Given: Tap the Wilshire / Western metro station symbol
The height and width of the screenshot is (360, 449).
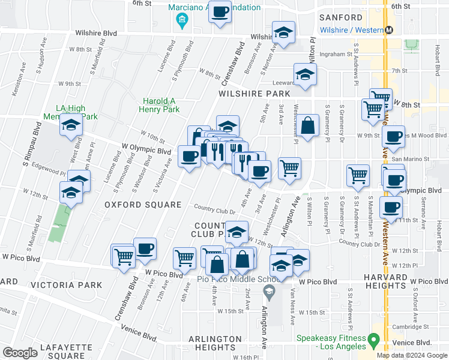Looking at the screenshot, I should pos(389,30).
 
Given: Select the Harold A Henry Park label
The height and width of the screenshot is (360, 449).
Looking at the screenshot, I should pos(161,106).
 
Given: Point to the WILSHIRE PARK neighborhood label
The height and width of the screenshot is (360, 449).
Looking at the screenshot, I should pos(254,94).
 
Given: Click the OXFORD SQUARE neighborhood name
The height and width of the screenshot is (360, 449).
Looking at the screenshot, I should pos(143,205).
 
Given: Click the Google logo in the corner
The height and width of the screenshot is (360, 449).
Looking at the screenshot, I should pos(20,353).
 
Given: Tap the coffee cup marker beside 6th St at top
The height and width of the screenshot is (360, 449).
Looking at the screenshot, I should pos(220,11).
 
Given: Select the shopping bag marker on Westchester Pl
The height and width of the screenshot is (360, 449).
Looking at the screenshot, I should pos(307,126).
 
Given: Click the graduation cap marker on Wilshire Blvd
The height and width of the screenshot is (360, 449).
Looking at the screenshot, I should pos(283,32).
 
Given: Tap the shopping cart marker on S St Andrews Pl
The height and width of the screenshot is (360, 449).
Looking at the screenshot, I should pos(358,175).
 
